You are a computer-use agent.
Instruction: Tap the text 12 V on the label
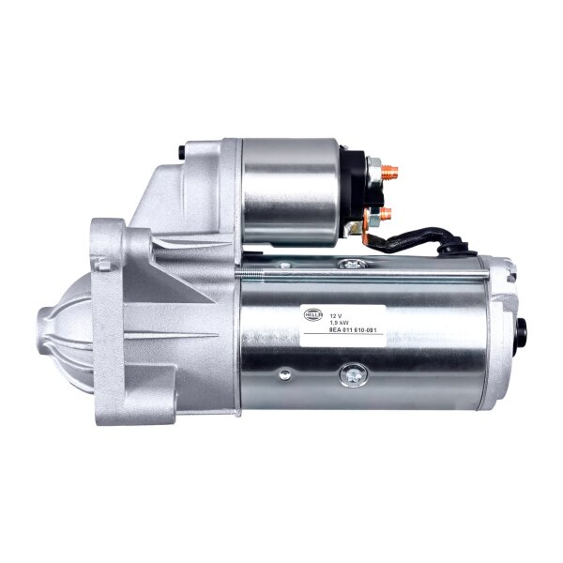339,307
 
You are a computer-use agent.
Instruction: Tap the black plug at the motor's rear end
521,331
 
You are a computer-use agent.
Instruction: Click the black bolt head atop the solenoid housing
180,150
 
